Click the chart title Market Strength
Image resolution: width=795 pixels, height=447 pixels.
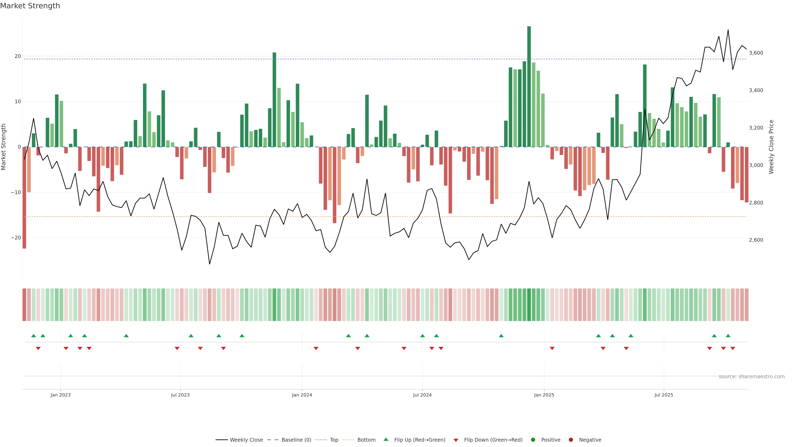tap(30, 6)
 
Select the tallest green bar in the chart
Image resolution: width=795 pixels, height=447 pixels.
tap(529, 86)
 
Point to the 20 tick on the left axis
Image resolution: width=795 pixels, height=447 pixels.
tap(18, 56)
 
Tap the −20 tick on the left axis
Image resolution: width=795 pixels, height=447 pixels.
tap(16, 238)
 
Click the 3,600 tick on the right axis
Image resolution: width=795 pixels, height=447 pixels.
tap(756, 53)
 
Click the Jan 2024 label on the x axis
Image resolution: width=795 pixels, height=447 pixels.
tap(302, 395)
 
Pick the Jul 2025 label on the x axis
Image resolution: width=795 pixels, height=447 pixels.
tap(664, 395)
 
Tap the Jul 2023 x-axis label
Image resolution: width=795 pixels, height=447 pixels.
tap(180, 395)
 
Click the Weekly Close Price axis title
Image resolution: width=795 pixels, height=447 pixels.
tap(771, 147)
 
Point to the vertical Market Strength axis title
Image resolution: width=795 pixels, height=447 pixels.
tap(4, 147)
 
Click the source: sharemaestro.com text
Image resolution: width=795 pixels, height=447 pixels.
tap(752, 377)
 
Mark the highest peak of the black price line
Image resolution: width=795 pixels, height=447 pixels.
tap(728, 30)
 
